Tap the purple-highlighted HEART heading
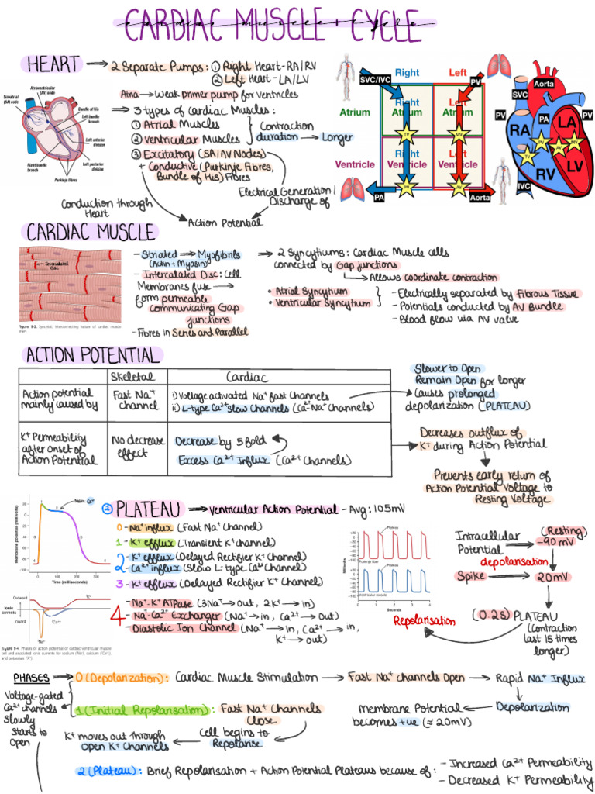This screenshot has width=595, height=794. pos(53,64)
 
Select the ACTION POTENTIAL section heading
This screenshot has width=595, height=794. pos(92,355)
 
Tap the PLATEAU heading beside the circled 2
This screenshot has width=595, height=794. pos(148,509)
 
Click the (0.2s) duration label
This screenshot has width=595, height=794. pos(490,615)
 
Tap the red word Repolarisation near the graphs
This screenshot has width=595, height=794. pos(424,621)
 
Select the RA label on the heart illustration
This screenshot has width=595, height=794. pos(520,131)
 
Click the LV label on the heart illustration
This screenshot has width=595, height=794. pos(574,166)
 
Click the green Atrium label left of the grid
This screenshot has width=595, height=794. pos(355,112)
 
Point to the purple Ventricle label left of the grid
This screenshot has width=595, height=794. pos(355,164)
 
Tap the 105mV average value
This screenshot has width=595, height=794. pos(389,509)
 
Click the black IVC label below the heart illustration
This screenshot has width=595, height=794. pos(524,187)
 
